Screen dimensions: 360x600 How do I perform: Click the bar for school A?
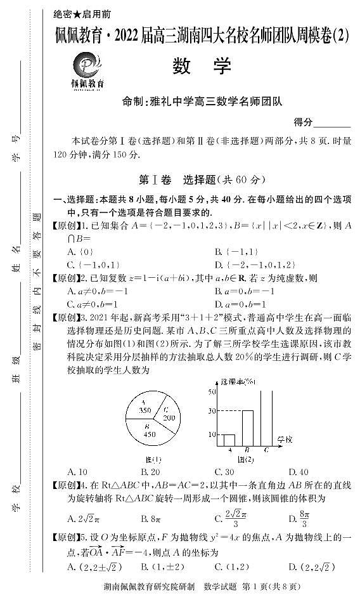click(x=229, y=440)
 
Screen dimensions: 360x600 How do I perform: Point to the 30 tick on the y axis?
click(x=212, y=411)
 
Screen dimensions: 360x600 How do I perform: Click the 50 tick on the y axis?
click(x=212, y=391)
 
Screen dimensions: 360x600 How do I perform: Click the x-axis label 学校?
click(x=285, y=440)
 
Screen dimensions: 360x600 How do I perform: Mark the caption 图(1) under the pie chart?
click(x=153, y=459)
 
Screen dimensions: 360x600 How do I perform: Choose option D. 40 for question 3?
click(x=298, y=472)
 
